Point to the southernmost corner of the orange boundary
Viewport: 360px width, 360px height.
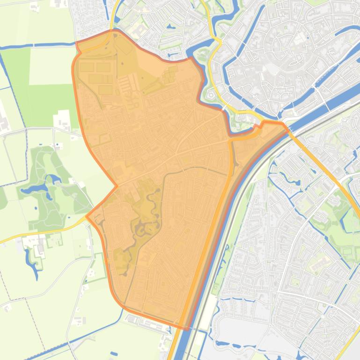187,329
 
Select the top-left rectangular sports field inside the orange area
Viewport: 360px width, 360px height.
87,67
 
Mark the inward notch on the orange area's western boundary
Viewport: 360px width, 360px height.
116,186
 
